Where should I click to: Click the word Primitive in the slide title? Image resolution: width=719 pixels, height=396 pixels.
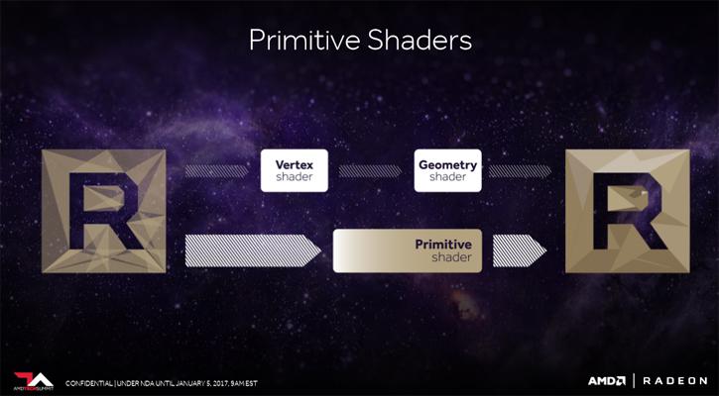click(304, 40)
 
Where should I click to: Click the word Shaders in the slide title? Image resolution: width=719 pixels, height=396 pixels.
click(419, 40)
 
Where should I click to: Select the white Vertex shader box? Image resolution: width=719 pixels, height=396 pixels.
click(295, 170)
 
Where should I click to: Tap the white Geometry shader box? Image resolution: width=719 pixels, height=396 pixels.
click(447, 170)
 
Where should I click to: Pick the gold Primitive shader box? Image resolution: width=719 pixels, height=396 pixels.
click(408, 250)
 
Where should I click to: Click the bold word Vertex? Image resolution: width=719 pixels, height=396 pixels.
click(295, 164)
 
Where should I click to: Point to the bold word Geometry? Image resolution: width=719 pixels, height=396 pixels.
click(448, 165)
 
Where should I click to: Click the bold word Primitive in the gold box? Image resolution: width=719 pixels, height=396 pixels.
click(443, 244)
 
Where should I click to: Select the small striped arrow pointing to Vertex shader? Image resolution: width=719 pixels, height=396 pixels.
click(216, 171)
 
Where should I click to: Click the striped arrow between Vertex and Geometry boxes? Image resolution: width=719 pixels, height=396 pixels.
click(371, 171)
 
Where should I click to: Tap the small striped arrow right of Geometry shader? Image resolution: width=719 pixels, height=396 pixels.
click(520, 171)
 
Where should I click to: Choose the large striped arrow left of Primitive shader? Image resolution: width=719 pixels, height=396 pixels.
click(253, 250)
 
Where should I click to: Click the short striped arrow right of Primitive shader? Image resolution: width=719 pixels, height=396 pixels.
click(520, 250)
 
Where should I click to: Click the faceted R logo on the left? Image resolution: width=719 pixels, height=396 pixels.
click(103, 211)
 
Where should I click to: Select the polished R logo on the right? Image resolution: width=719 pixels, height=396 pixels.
click(628, 211)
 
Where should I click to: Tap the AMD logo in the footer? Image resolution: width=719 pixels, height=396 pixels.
click(607, 381)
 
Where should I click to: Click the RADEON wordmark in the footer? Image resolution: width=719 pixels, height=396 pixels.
click(675, 381)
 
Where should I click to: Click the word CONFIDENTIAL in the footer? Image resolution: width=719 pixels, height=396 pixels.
click(88, 383)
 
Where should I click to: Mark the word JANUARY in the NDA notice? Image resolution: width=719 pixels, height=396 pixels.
click(189, 383)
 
